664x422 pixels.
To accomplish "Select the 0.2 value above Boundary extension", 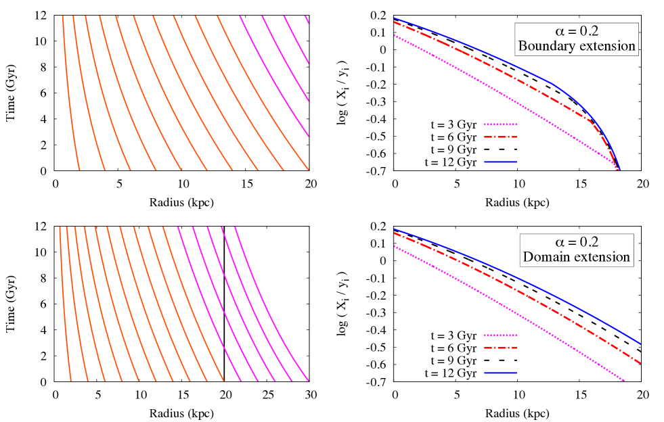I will click(x=589, y=32).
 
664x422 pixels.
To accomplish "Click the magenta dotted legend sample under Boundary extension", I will click(x=501, y=124).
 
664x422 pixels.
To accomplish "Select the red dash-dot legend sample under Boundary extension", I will click(x=501, y=137).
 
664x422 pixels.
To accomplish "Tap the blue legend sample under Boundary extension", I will click(x=501, y=162).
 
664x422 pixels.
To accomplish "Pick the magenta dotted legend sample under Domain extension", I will click(x=501, y=335).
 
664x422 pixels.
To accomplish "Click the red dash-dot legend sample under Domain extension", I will click(x=501, y=348).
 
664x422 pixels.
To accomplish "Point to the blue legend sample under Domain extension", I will click(x=501, y=373).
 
